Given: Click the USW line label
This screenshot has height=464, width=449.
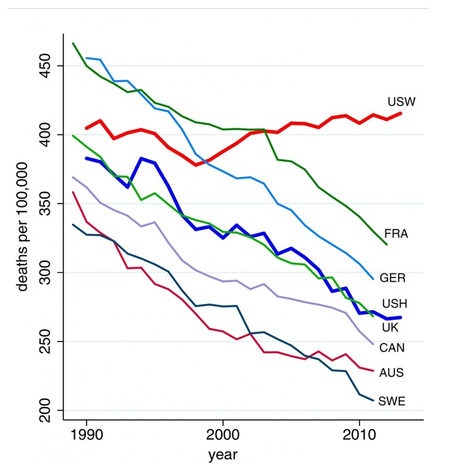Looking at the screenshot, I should coord(401,102).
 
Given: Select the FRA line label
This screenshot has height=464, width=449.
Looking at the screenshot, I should coord(396,233).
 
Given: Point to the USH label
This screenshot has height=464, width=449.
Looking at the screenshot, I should coord(395,303).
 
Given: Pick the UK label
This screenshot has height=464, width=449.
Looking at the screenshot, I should coord(390,327).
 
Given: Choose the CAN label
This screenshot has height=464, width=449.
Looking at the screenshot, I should coord(393,349).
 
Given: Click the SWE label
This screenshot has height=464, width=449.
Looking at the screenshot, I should coord(393,401).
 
